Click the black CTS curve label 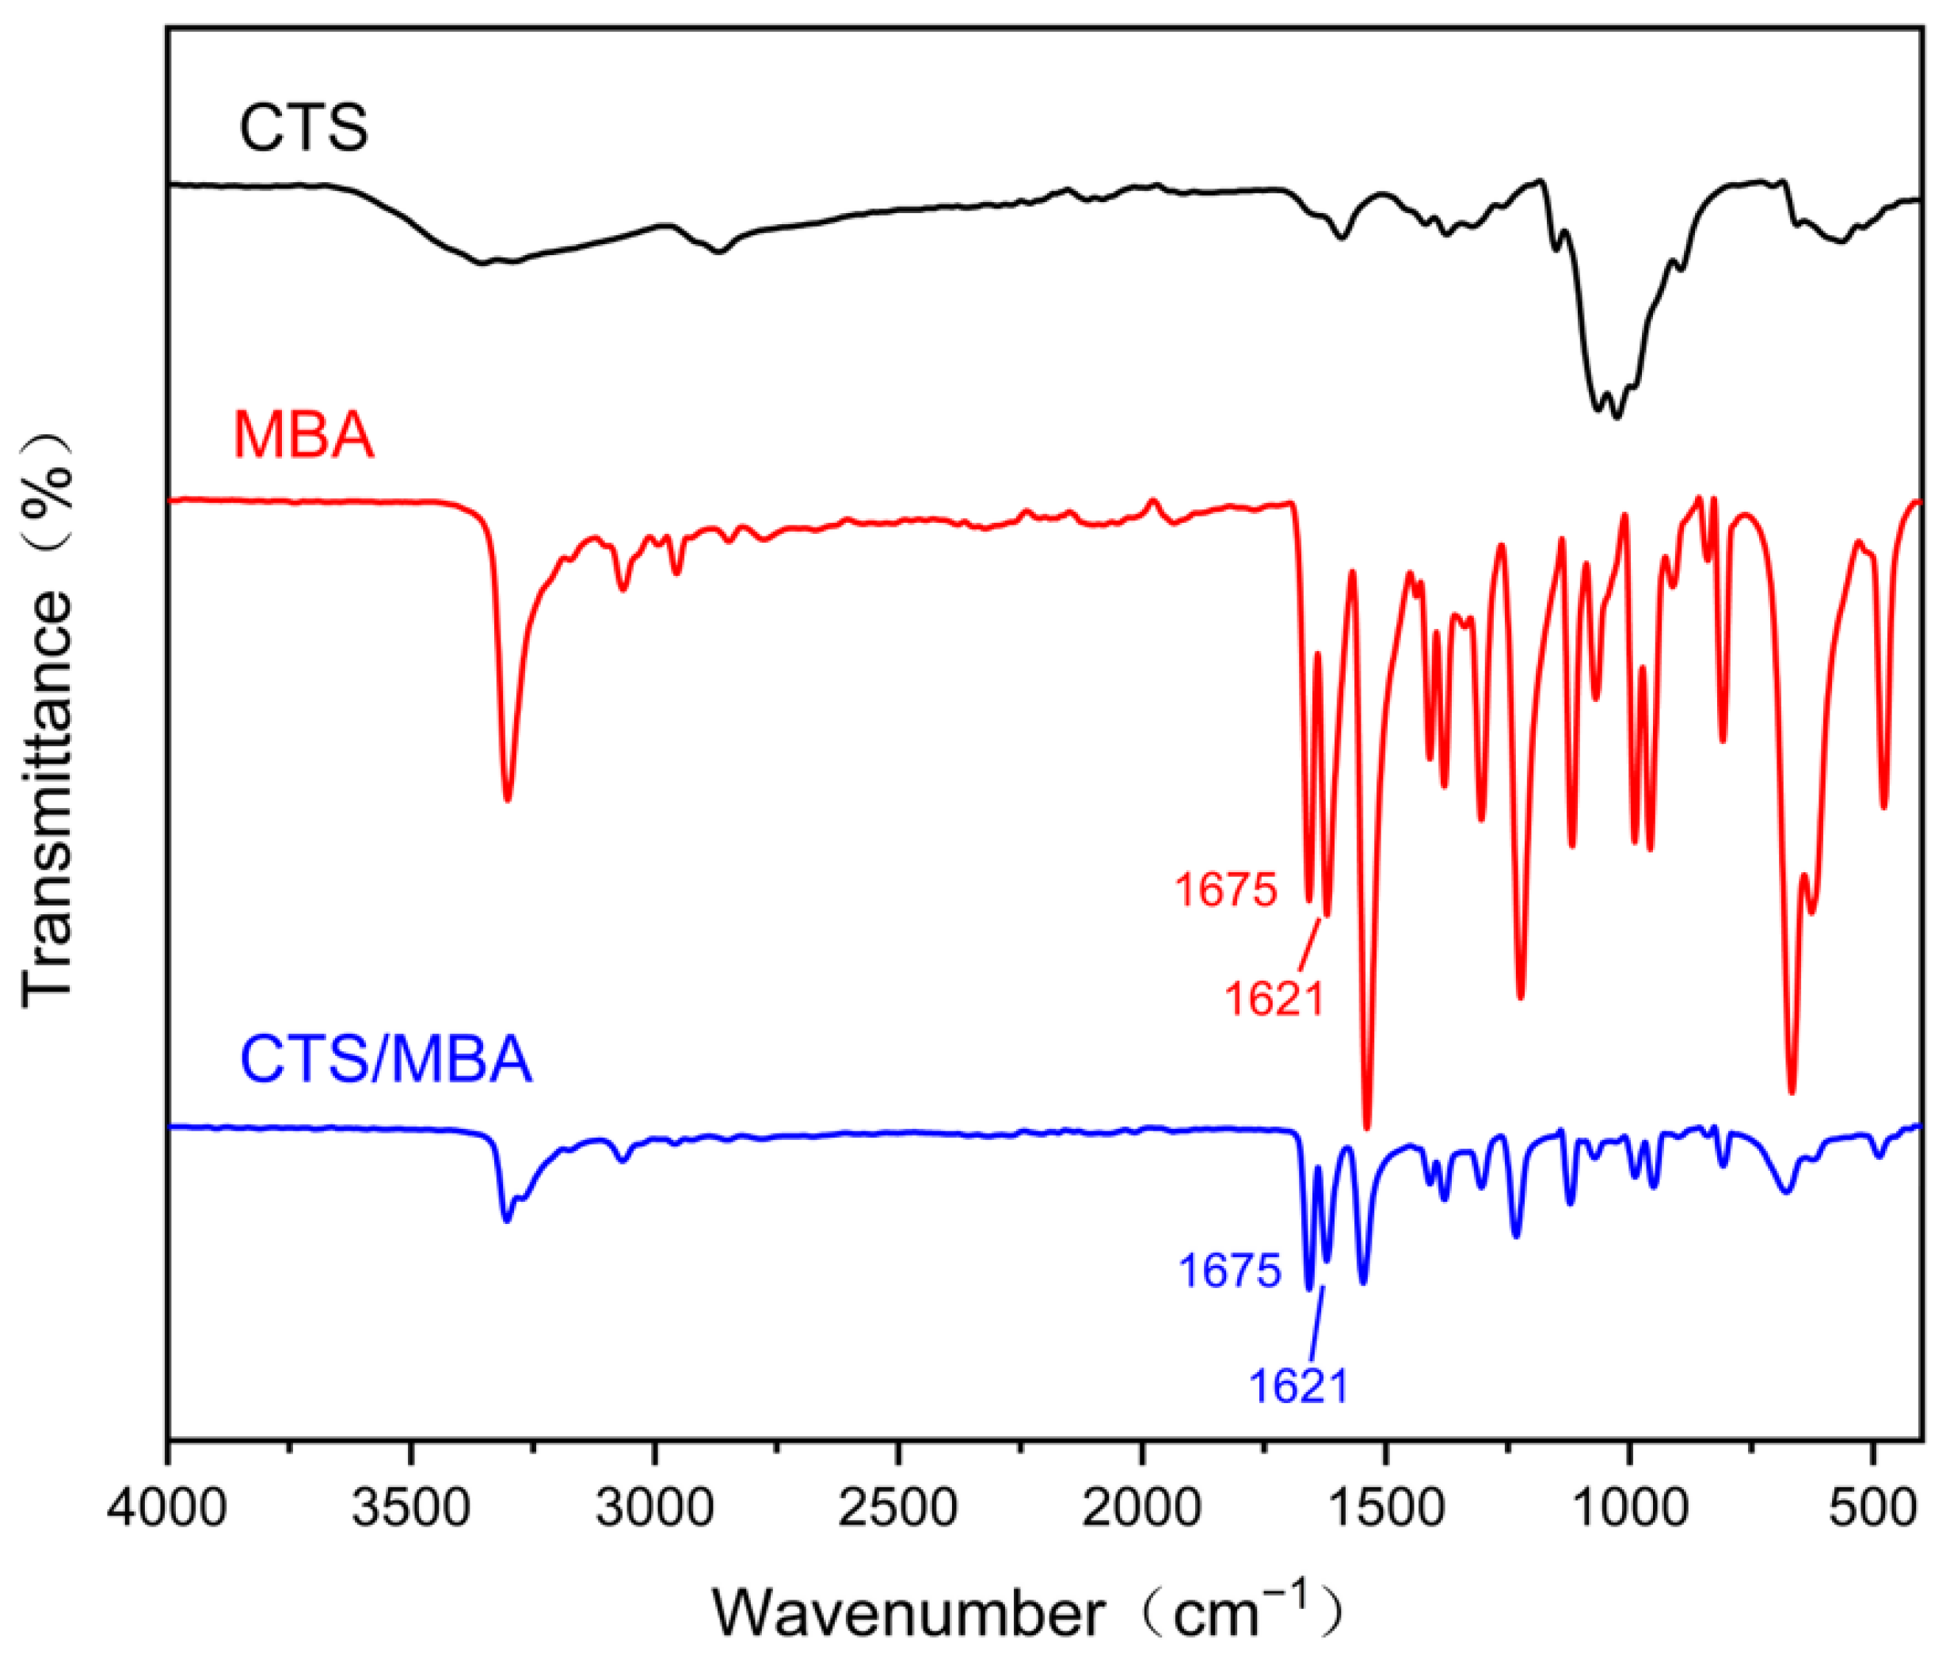pyautogui.click(x=303, y=128)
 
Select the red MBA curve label pyautogui.click(x=303, y=436)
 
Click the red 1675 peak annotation pyautogui.click(x=1226, y=890)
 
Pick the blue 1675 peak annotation pyautogui.click(x=1230, y=1271)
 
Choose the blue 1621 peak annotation pyautogui.click(x=1299, y=1386)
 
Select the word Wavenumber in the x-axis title pyautogui.click(x=908, y=1615)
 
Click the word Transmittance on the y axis pyautogui.click(x=47, y=800)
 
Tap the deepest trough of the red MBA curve pyautogui.click(x=1367, y=1127)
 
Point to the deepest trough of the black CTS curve pyautogui.click(x=1617, y=417)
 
